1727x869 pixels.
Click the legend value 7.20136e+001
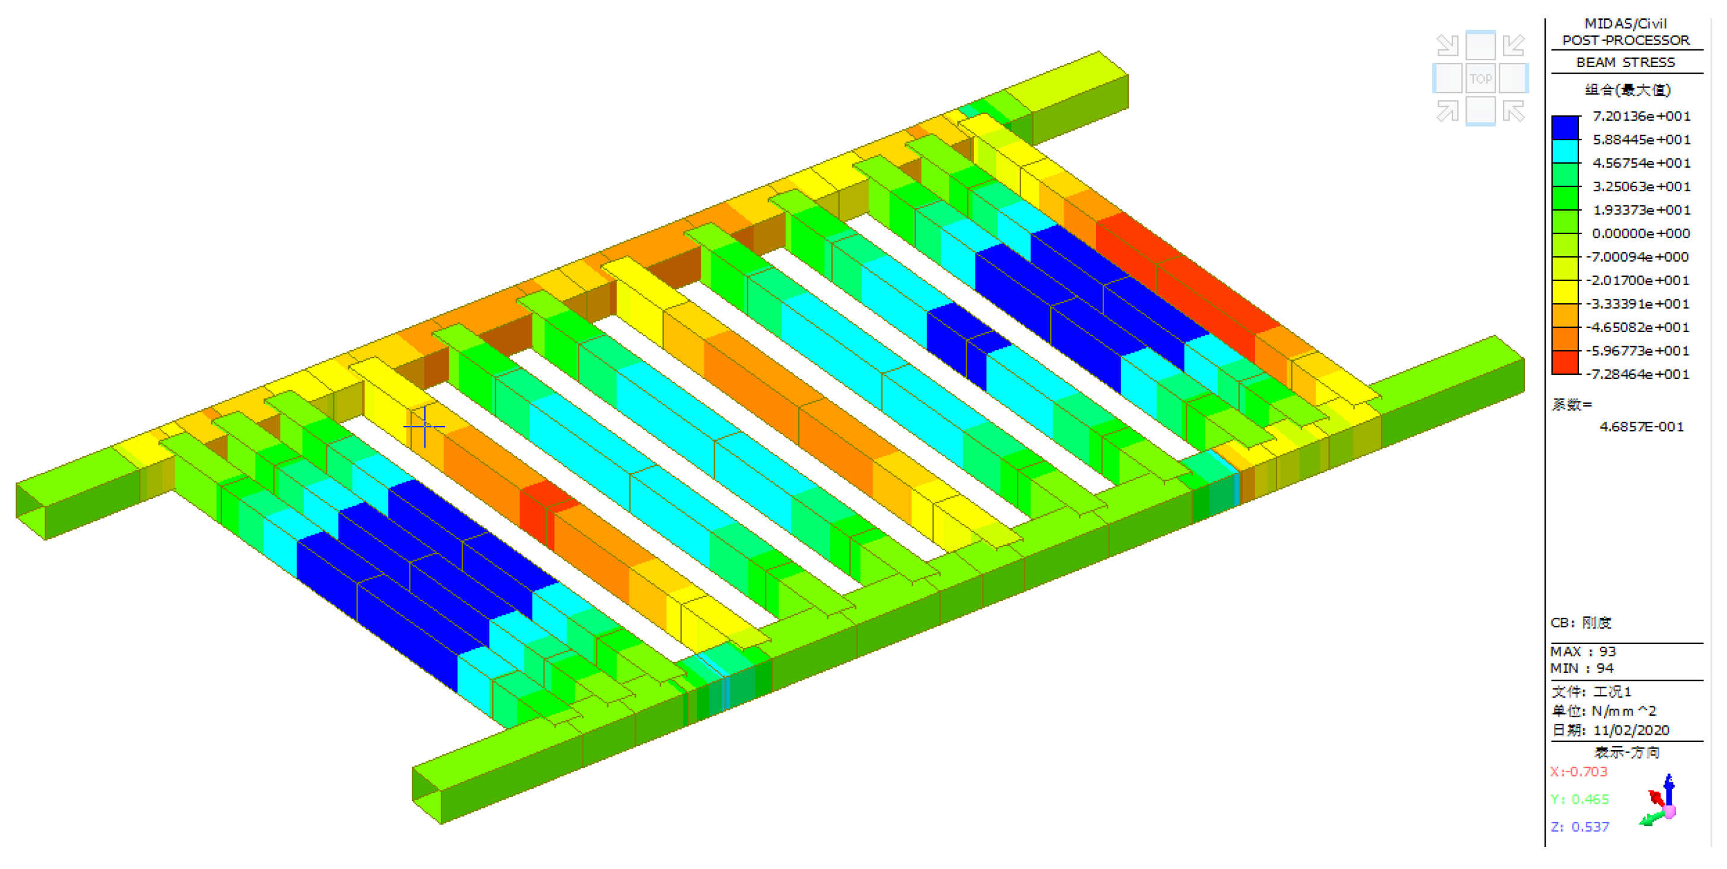coord(1641,116)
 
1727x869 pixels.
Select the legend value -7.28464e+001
coord(1637,374)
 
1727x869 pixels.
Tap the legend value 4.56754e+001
coord(1641,163)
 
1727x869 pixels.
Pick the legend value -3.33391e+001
coord(1637,304)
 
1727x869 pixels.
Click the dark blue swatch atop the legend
coord(1565,127)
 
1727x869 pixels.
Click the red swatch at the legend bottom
coord(1565,362)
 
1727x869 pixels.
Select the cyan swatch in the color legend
coord(1565,151)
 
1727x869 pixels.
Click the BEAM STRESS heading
coord(1625,62)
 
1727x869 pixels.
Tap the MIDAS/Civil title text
coord(1626,23)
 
